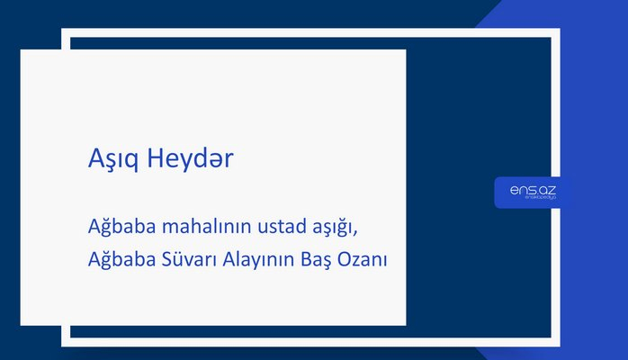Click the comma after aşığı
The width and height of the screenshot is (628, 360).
[365, 230]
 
